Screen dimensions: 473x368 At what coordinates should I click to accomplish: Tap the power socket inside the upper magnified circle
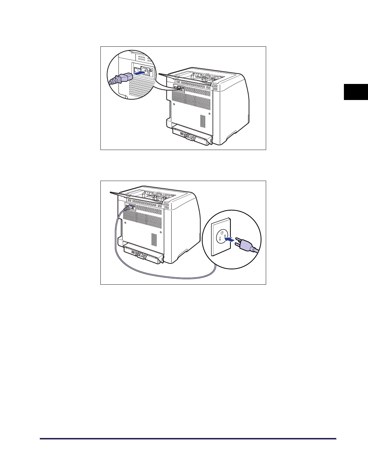(x=143, y=71)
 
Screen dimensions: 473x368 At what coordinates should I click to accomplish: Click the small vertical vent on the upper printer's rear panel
(x=203, y=121)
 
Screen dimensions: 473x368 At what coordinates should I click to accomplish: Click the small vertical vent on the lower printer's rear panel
(x=154, y=239)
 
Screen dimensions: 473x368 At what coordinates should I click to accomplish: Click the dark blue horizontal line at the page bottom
(x=188, y=439)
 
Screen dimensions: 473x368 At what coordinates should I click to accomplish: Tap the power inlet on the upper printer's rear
(x=179, y=88)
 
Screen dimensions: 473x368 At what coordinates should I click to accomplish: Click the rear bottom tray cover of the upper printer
(x=192, y=135)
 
